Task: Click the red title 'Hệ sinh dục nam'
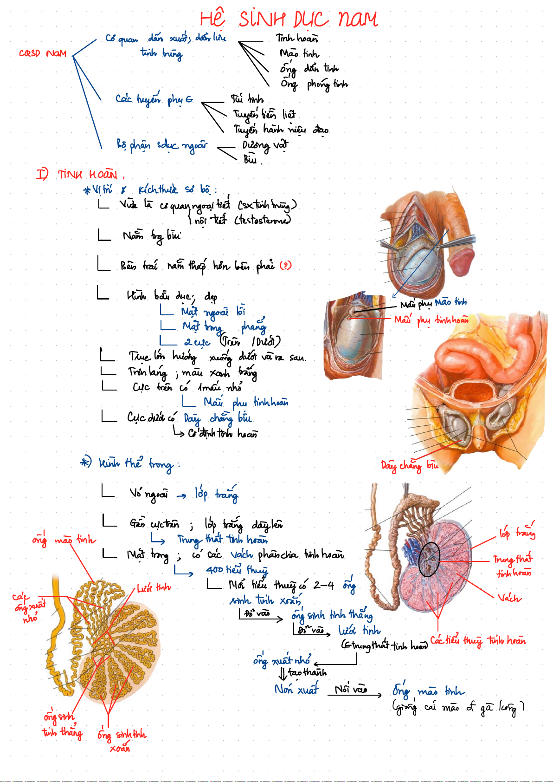point(289,20)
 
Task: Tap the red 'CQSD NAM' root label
point(43,53)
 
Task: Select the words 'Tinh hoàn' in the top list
point(297,38)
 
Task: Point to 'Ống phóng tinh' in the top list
point(314,84)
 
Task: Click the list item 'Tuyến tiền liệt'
point(264,114)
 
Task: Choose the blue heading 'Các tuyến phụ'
point(154,99)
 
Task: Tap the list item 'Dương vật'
point(265,145)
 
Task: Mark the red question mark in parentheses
point(286,266)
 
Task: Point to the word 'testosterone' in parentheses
point(264,220)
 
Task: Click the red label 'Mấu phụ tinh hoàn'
point(431,320)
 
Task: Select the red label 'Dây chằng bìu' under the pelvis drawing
point(409,465)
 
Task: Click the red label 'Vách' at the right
point(509,598)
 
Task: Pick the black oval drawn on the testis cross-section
point(429,560)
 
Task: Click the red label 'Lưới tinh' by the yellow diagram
point(154,588)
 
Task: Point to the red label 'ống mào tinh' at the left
point(64,540)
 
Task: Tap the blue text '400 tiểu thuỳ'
point(237,570)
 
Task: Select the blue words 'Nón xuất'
point(296,689)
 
